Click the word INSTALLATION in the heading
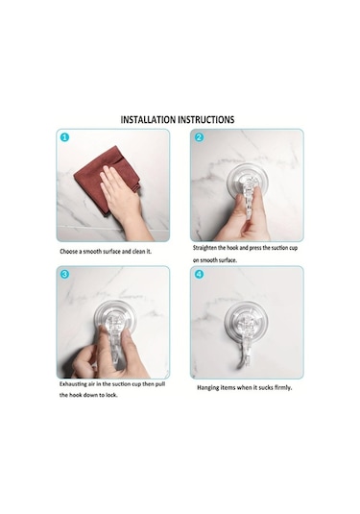pyautogui.click(x=148, y=120)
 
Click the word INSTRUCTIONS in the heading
pyautogui.click(x=206, y=120)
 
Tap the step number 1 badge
pyautogui.click(x=65, y=137)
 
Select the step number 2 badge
pyautogui.click(x=199, y=137)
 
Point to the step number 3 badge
pyautogui.click(x=65, y=274)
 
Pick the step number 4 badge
pyautogui.click(x=199, y=274)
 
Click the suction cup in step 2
pyautogui.click(x=248, y=182)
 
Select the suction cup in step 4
pyautogui.click(x=246, y=320)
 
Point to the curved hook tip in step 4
pyautogui.click(x=241, y=364)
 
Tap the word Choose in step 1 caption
pyautogui.click(x=68, y=252)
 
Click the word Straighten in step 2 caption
pyautogui.click(x=204, y=248)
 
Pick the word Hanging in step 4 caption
pyautogui.click(x=207, y=388)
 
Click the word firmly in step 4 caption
pyautogui.click(x=282, y=388)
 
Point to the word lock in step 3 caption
pyautogui.click(x=111, y=395)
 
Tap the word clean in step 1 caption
pyautogui.click(x=138, y=252)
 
